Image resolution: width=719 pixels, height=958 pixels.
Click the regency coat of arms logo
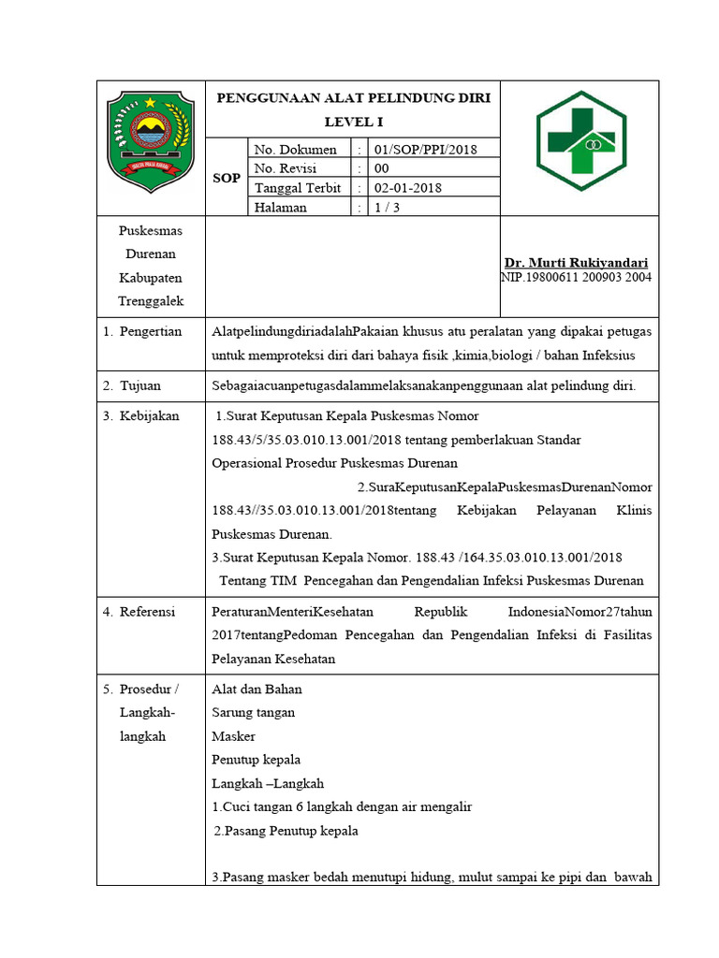click(x=151, y=136)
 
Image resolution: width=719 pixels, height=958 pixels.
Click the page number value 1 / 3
click(x=387, y=208)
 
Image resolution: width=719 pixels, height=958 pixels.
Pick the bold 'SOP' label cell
click(x=227, y=178)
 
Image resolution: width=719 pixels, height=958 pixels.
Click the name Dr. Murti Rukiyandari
click(x=576, y=263)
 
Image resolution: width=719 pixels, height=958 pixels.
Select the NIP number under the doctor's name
click(x=576, y=277)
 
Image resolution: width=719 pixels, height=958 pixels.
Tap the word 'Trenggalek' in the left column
click(x=151, y=301)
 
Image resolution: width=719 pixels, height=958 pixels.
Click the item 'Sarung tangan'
click(x=254, y=713)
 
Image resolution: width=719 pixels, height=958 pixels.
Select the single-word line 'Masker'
click(x=234, y=736)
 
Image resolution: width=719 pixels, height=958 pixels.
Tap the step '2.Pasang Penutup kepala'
click(x=286, y=831)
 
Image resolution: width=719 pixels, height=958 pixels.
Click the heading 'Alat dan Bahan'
click(x=257, y=689)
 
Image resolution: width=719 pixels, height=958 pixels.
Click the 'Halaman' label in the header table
click(x=281, y=208)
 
